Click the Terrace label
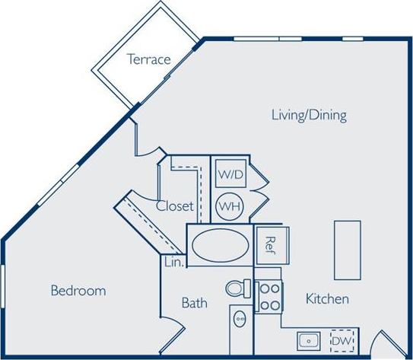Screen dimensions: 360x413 point(148,59)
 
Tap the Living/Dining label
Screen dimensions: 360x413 point(309,116)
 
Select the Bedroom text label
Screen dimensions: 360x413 point(78,291)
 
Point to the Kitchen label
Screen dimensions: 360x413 point(327,299)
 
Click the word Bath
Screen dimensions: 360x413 point(194,303)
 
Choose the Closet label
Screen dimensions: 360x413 point(174,205)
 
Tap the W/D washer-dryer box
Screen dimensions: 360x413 point(230,174)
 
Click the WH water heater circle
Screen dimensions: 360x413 point(229,205)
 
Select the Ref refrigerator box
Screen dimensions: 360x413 point(269,244)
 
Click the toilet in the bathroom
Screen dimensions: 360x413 point(239,289)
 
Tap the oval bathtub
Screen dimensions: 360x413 point(219,245)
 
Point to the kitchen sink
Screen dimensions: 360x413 point(309,340)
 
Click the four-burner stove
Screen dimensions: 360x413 point(268,297)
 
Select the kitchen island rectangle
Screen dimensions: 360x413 point(347,249)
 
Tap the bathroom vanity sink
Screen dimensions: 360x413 point(240,320)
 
